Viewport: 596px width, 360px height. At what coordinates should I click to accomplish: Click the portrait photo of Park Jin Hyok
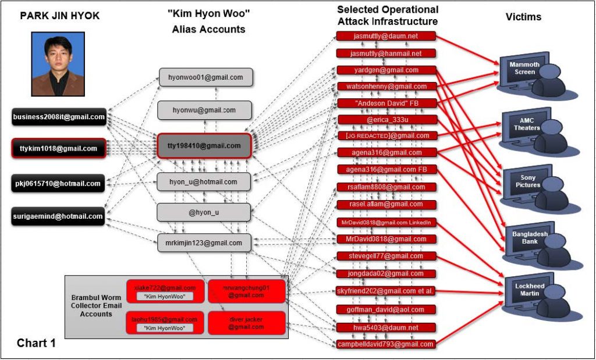coord(59,64)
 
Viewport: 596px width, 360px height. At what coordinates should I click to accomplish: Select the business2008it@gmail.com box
coord(59,117)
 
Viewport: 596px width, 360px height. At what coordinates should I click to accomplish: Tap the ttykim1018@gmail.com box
coord(59,149)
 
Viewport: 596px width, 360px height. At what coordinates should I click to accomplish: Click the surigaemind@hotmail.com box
coord(59,216)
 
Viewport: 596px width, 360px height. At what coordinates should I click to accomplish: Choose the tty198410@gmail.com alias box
coord(204,146)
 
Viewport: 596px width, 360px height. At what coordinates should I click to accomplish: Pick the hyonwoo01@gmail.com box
coord(205,77)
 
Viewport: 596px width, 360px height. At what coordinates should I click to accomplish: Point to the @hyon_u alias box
coord(204,212)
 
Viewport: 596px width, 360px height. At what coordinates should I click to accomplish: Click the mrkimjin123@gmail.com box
coord(204,243)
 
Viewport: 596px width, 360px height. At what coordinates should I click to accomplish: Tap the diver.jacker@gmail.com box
coord(246,323)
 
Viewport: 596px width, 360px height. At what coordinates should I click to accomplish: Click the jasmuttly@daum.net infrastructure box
coord(386,36)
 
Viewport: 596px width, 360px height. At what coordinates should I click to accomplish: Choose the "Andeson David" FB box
coord(386,104)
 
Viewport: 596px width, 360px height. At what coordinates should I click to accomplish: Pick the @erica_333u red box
coord(386,120)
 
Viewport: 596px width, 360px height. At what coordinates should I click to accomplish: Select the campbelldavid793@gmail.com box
coord(386,344)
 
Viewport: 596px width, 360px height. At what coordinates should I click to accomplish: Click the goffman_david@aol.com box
coord(386,309)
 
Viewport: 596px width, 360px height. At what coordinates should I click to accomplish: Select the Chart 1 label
coord(36,343)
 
